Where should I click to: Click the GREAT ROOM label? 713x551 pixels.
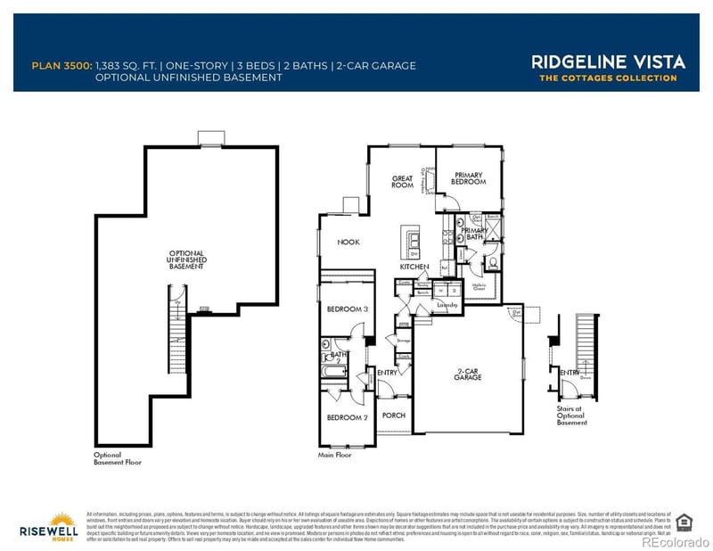403,182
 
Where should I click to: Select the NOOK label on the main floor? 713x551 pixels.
348,242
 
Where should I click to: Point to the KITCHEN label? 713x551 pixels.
414,267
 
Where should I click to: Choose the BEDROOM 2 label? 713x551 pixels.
347,417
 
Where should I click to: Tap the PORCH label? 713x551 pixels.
393,415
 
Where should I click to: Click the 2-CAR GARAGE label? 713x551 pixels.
463,374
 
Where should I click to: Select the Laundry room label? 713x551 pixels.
447,305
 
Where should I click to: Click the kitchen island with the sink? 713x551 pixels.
414,242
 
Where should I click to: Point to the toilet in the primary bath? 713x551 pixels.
493,263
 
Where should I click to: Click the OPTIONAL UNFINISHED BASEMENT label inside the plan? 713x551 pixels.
186,259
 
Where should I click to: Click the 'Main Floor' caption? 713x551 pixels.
335,455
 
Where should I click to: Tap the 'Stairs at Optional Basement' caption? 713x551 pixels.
571,414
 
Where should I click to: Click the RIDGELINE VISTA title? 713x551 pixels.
608,62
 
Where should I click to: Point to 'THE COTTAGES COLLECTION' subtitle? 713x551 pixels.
608,78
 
